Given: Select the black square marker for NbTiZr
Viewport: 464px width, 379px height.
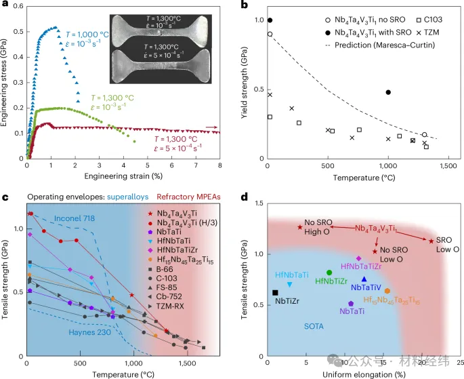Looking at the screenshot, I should [x=275, y=292].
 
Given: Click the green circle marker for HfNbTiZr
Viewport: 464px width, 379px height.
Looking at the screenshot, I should [x=329, y=273].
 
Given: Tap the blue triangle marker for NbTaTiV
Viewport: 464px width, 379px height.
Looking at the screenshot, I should [x=364, y=279].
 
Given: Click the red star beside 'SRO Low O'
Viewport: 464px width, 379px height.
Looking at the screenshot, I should [x=431, y=241].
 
